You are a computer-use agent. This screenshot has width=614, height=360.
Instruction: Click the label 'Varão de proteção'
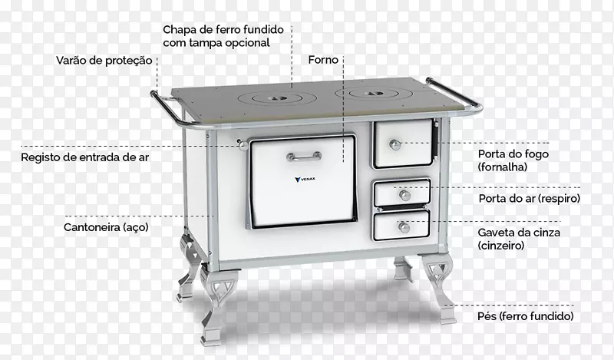coord(104,61)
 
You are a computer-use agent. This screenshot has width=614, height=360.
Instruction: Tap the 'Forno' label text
coord(323,60)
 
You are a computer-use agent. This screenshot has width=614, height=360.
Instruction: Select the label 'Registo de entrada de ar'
coord(85,157)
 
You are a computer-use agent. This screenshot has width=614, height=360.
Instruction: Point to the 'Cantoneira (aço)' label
coord(106,227)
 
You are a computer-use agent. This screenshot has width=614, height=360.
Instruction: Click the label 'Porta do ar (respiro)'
coord(529,199)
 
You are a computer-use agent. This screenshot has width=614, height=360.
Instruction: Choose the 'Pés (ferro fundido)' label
coord(525,316)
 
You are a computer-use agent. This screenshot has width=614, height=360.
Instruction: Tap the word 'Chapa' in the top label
coord(177,30)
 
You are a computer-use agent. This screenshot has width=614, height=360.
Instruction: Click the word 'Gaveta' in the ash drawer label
coord(494,233)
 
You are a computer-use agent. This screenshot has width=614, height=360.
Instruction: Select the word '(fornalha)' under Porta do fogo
coord(503,167)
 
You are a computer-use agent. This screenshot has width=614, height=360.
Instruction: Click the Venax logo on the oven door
coord(305,180)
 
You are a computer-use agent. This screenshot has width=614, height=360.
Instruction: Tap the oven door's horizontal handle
coord(304,157)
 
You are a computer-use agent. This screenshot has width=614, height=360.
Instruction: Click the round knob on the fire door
coord(395,144)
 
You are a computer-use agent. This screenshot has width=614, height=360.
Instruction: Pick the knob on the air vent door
coord(404,195)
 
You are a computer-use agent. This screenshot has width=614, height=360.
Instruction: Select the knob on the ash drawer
coord(404,227)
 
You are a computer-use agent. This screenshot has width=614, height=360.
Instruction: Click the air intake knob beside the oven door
coord(243,145)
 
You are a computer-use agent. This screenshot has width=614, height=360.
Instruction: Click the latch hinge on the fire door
coord(435,139)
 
